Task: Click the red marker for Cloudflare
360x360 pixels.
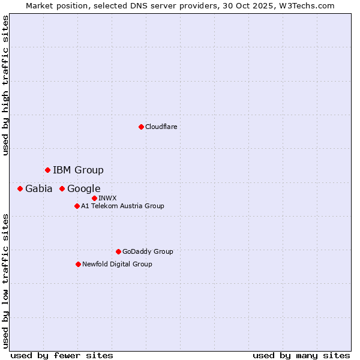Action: (141, 127)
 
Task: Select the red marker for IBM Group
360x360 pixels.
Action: (47, 170)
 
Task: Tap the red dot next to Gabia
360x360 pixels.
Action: (20, 188)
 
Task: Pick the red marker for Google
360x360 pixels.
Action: (62, 188)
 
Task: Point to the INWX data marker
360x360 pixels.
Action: (94, 198)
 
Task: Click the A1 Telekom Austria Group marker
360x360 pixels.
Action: (77, 206)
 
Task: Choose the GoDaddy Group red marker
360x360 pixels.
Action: (118, 251)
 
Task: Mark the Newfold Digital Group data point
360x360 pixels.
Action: (78, 264)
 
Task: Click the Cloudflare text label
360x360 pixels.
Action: (161, 127)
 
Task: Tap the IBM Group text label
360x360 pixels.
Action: (78, 170)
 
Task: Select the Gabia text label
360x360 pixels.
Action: (38, 188)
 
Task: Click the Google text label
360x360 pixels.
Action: (83, 188)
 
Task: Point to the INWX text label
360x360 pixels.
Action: (107, 198)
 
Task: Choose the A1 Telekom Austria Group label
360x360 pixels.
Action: (122, 206)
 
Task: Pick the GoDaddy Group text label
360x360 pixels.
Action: (148, 251)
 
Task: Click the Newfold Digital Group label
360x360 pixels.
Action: (117, 264)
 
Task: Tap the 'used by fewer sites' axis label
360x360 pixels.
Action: (62, 355)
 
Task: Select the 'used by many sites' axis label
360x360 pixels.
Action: (301, 355)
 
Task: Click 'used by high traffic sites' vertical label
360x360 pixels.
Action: (5, 85)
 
